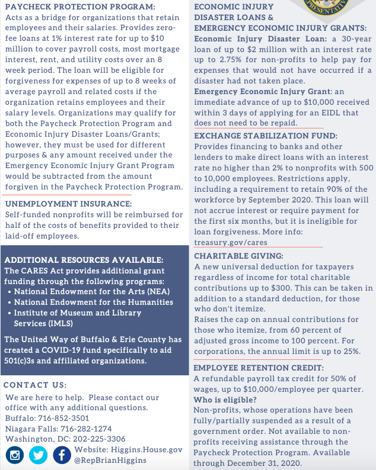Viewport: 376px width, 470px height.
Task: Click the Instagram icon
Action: pos(16,455)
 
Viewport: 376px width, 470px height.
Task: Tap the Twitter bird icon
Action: pos(39,455)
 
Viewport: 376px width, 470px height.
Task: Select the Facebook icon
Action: pos(62,455)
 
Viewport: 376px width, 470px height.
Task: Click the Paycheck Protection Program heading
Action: pos(80,7)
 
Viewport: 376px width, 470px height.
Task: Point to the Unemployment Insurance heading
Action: pos(68,204)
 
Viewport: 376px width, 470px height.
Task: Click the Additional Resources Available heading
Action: pos(84,260)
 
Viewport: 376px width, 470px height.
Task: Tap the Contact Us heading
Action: pos(35,385)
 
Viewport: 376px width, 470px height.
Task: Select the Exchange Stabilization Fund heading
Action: pos(266,136)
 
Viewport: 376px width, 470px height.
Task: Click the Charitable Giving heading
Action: pos(239,256)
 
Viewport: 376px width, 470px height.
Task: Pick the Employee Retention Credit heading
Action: pos(259,368)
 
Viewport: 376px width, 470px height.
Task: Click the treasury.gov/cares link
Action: pos(231,242)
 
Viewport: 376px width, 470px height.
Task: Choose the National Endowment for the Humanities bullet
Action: pos(94,302)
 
